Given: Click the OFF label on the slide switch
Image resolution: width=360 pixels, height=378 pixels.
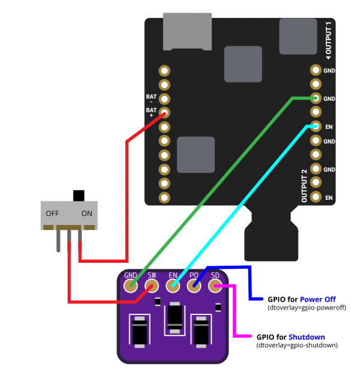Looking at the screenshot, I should [52, 214].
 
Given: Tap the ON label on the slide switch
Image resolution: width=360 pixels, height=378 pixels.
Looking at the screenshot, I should [87, 214].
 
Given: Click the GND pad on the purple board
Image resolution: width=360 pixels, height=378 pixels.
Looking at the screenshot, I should [131, 286].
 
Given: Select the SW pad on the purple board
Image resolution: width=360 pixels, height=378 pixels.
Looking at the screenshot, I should [152, 286].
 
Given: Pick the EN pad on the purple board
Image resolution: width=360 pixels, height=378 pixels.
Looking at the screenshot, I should [173, 286].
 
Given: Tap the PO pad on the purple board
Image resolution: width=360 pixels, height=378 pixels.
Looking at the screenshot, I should [194, 286].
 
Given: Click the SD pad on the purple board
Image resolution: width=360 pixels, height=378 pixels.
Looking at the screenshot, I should [215, 286].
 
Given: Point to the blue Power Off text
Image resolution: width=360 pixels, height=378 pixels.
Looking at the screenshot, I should [317, 299].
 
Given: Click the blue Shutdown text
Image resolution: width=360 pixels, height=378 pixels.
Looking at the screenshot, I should [307, 337].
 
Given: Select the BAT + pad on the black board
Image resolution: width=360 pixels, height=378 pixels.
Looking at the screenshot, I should [164, 112].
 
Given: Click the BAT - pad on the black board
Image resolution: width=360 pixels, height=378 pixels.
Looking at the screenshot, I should [164, 98].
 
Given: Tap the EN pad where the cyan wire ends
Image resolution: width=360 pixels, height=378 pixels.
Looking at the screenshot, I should [316, 127].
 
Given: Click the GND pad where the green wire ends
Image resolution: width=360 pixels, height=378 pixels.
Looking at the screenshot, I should [316, 98].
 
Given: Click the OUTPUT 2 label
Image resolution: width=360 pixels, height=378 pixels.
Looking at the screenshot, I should [304, 185].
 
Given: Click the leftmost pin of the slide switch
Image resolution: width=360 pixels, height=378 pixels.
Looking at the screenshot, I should [58, 240].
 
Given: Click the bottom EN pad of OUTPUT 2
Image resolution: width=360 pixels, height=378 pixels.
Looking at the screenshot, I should [316, 197].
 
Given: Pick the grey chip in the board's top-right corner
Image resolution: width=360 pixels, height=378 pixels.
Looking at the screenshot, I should [298, 36].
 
